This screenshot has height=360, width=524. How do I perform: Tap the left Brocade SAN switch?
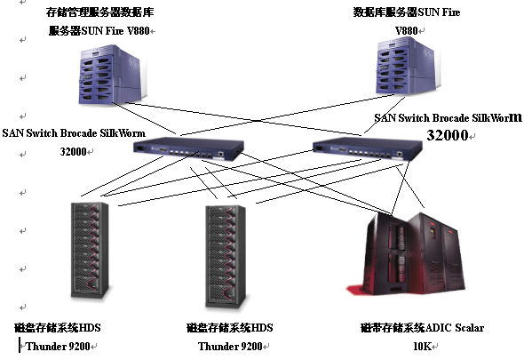188,148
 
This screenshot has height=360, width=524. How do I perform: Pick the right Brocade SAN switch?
368,148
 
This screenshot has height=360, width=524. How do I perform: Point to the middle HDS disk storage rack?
226,257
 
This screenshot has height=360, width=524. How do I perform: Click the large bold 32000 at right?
447,135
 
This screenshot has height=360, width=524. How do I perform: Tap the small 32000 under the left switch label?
73,152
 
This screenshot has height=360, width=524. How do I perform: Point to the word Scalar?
469,327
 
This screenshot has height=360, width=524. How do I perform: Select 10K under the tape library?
423,346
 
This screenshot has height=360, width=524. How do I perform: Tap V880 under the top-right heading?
407,31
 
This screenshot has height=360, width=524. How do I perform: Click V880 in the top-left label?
138,31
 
